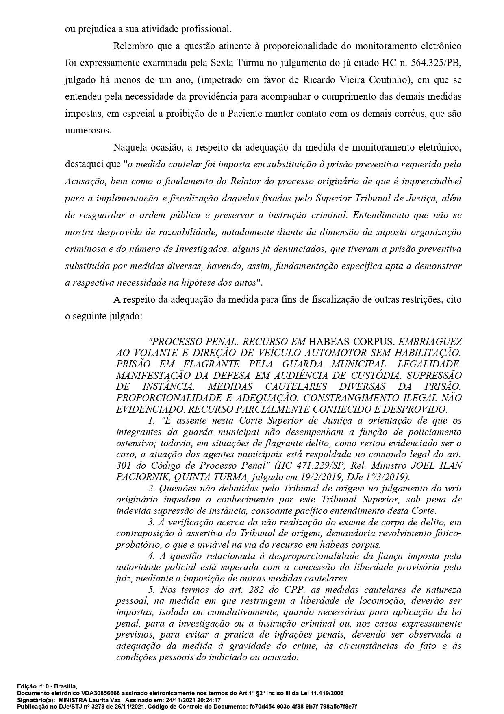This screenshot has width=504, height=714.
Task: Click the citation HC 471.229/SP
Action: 310,465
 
